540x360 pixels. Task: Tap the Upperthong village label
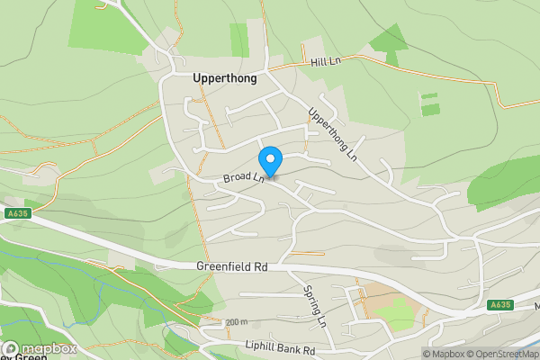(x=225, y=78)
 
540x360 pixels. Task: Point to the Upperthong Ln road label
(x=333, y=135)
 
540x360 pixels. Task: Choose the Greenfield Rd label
(x=232, y=267)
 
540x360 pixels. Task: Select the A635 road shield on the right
(x=501, y=305)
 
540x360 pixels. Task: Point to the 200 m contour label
(x=236, y=322)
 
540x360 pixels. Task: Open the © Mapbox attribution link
(x=445, y=354)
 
